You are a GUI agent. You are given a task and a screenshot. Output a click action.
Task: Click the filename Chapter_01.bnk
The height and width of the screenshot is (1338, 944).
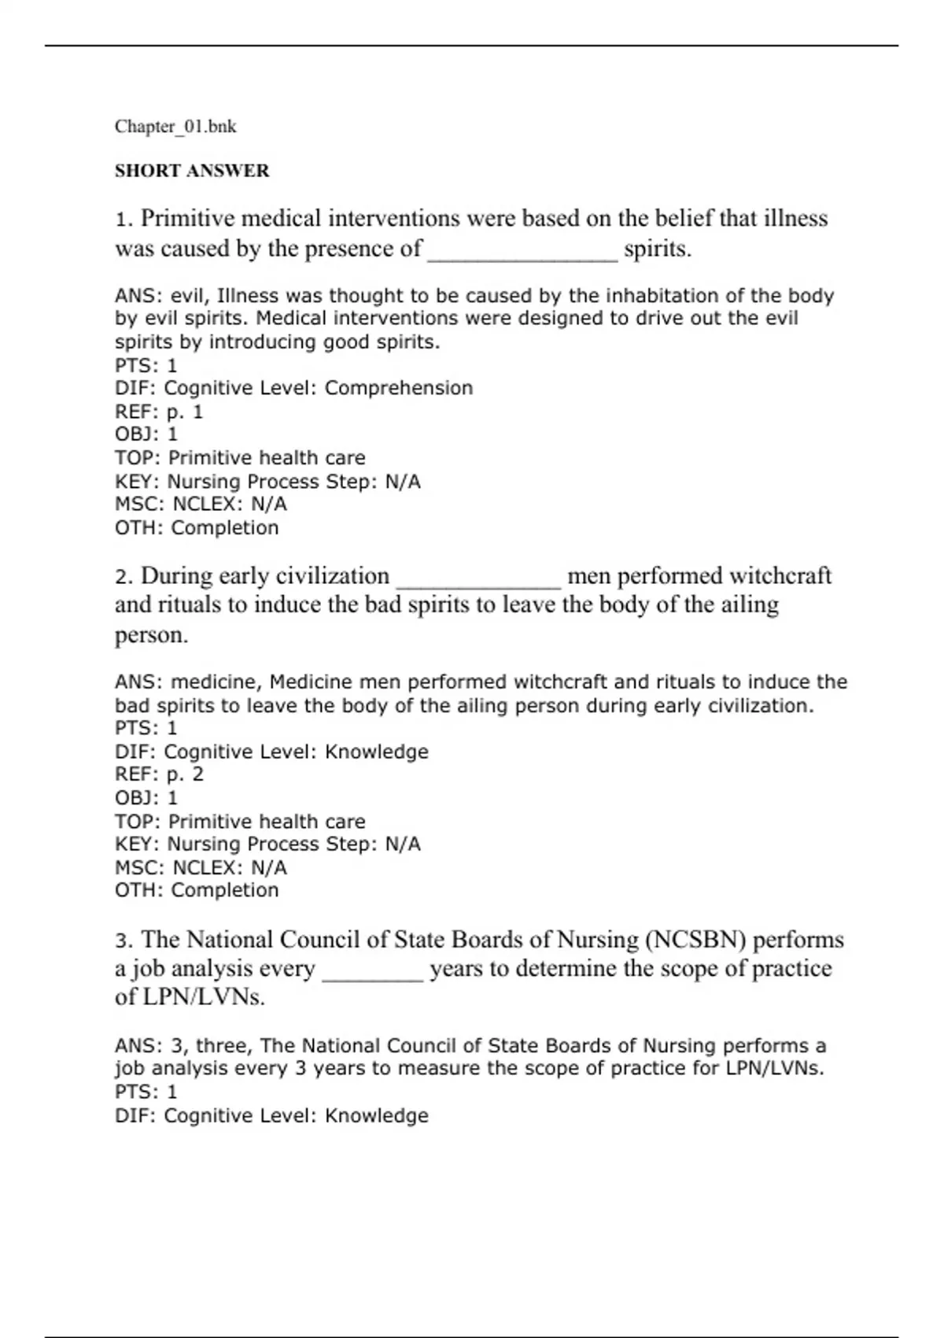click(x=175, y=127)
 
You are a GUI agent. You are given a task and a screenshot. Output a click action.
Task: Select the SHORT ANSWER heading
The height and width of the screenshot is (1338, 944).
click(x=192, y=171)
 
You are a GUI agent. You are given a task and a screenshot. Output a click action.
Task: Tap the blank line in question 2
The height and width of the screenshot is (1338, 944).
click(x=478, y=579)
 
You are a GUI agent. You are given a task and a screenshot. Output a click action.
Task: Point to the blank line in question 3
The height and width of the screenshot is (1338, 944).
click(x=373, y=971)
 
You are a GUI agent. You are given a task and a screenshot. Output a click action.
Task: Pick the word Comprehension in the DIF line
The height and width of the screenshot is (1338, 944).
click(x=399, y=388)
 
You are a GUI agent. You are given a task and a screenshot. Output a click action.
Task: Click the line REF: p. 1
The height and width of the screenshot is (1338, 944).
click(x=159, y=412)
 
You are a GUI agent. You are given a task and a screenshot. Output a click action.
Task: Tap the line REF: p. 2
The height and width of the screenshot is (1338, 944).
click(x=159, y=774)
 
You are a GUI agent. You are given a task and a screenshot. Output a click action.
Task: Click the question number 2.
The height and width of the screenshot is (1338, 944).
click(x=123, y=577)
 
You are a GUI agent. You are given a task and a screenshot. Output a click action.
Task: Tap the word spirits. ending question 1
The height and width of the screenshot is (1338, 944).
click(x=658, y=249)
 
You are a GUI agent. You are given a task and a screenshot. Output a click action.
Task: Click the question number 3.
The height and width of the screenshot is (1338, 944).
click(x=123, y=941)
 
